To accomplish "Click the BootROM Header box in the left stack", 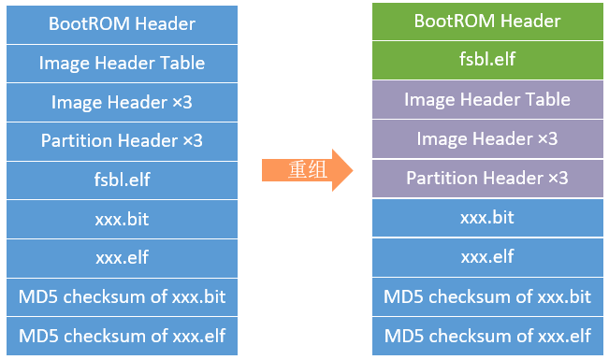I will click(122, 23).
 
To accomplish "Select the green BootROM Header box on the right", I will click(486, 21).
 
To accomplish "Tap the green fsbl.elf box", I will click(486, 60).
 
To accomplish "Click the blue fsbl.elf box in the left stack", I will click(122, 180).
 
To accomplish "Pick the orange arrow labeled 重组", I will click(307, 169).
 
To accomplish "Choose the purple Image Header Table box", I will click(486, 99).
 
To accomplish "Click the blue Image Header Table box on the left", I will click(122, 63).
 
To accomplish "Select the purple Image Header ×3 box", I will click(486, 138).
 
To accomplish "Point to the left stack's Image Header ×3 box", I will click(122, 102).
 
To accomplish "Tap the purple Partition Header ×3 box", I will click(486, 178).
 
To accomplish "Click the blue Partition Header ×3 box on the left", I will click(122, 141).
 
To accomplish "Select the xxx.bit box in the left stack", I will click(122, 219).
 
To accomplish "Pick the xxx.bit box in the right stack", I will click(486, 217).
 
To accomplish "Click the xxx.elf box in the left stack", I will click(122, 258).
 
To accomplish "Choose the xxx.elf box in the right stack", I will click(486, 256).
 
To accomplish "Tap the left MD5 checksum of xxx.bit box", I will click(122, 297).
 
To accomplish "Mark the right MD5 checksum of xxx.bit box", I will click(486, 295).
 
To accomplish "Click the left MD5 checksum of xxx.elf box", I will click(122, 336).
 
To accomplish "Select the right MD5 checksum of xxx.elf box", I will click(486, 335).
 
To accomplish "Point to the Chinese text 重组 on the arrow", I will click(301, 169).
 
